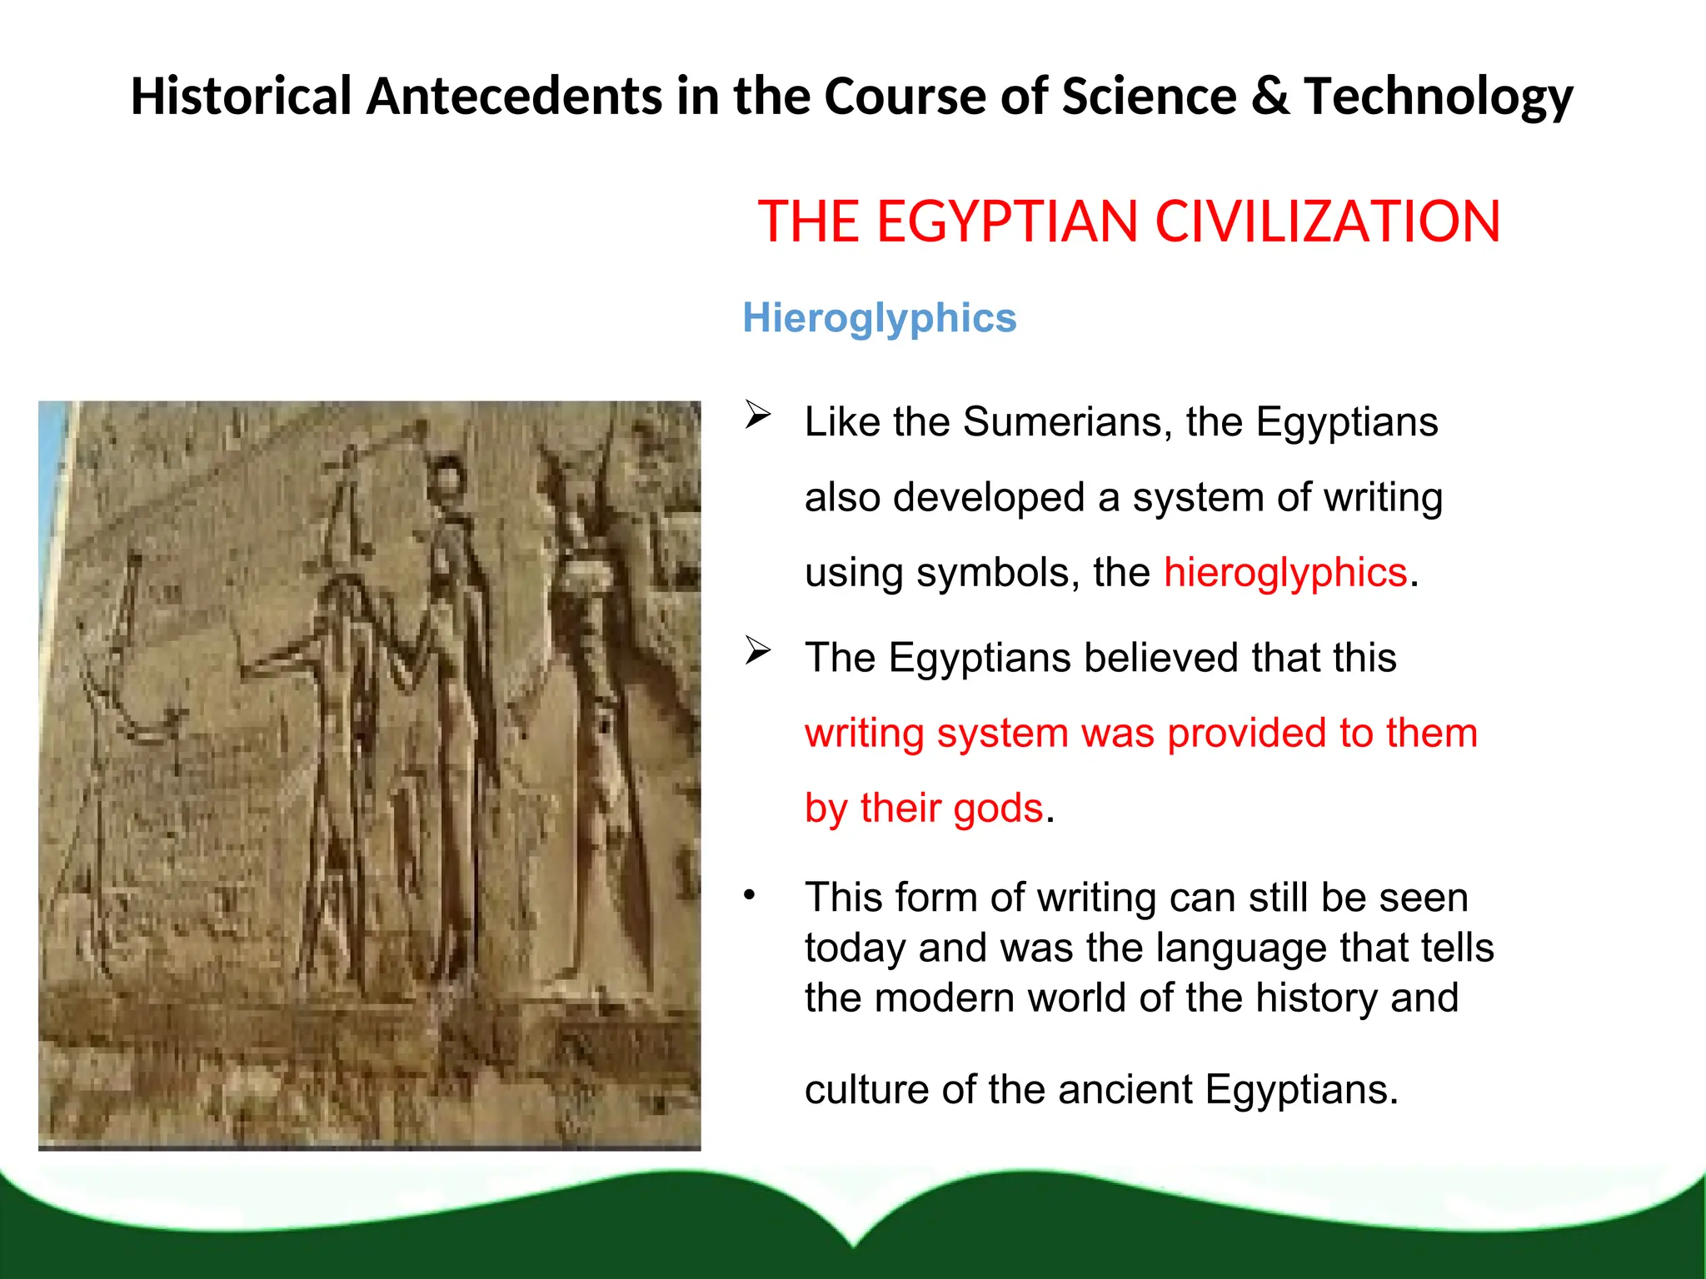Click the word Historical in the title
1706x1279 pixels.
coord(241,97)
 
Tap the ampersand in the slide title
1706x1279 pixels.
coord(1270,97)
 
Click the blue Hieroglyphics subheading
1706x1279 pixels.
coord(879,318)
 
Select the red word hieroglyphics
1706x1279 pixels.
coord(1285,573)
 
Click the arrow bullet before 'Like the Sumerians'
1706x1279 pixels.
coord(758,414)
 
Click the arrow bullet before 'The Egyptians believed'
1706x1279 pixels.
coord(758,649)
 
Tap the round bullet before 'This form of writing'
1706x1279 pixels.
coord(750,895)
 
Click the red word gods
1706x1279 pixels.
coord(998,809)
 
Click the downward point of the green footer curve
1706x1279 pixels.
coord(855,1244)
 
